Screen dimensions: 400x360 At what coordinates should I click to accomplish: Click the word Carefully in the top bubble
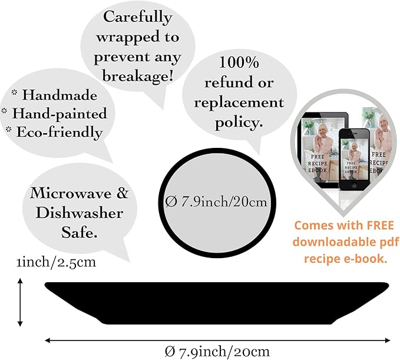(x=137, y=18)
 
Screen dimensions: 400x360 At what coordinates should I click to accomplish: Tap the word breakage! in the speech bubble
(x=138, y=76)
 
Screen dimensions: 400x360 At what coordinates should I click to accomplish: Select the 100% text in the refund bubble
(x=239, y=62)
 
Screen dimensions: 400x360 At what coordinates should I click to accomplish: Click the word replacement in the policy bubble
(x=239, y=103)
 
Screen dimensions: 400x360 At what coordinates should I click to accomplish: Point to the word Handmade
(x=59, y=95)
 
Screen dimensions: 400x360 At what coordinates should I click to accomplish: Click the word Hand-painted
(x=59, y=114)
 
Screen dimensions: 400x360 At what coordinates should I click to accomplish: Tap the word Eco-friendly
(x=59, y=133)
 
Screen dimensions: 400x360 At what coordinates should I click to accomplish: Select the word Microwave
(x=71, y=193)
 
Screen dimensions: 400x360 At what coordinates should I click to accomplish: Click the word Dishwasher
(x=80, y=213)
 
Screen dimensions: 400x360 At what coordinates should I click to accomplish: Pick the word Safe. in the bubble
(x=80, y=232)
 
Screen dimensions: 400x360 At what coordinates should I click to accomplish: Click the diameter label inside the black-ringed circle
(x=216, y=202)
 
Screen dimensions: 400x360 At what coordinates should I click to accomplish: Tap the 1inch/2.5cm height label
(x=56, y=262)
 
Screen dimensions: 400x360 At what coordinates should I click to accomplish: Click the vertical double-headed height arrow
(x=20, y=302)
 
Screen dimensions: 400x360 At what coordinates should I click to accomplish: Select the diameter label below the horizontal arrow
(x=217, y=352)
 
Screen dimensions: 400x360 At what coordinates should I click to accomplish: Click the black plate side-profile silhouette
(x=217, y=303)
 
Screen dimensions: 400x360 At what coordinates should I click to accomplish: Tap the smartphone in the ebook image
(x=354, y=158)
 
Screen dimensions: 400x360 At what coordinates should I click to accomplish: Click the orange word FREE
(x=381, y=226)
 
